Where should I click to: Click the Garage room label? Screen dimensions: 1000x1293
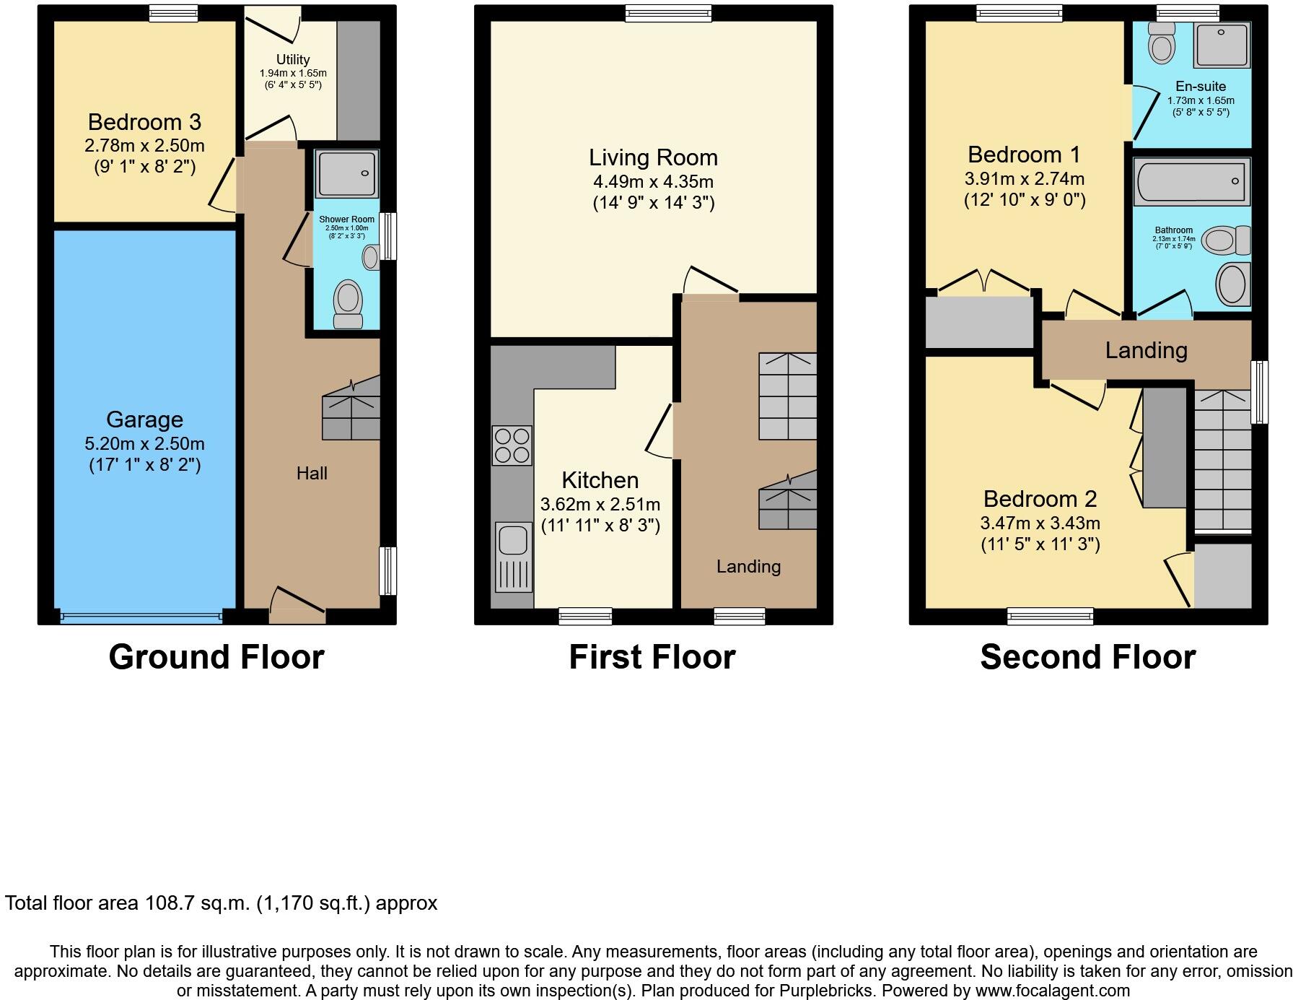144,419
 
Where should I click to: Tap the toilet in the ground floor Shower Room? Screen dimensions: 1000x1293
348,303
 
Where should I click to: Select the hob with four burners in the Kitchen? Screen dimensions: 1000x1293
512,445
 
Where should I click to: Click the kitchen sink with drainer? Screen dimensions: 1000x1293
513,556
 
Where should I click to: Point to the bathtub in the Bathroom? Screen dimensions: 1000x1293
1191,181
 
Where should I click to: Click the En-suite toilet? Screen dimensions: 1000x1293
1161,43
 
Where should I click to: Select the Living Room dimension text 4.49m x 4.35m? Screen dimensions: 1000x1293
653,181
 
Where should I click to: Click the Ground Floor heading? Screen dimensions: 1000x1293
216,657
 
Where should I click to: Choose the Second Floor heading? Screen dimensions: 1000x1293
1087,657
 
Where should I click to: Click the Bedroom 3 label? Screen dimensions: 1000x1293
144,122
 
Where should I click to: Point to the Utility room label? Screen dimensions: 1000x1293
293,60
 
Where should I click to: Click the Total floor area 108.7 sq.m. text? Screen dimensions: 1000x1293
221,903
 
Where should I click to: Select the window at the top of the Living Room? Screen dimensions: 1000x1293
668,13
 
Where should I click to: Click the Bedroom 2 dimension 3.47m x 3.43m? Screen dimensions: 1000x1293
1040,523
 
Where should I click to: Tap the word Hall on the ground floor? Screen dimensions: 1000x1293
312,474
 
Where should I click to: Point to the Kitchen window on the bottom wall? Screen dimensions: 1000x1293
585,616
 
